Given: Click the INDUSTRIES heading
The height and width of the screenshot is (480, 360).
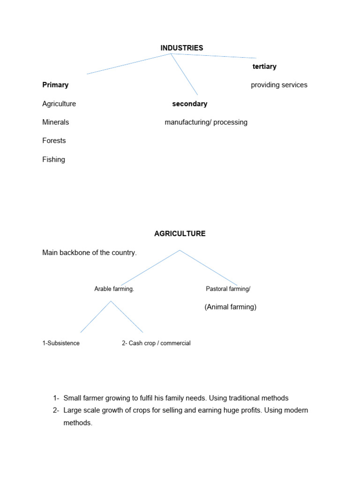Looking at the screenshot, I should point(182,48).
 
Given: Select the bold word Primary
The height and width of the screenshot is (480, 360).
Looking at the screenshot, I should point(55,85).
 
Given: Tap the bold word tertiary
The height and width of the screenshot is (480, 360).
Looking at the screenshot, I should point(264,67).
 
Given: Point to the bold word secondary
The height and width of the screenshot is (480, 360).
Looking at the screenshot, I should point(190,104).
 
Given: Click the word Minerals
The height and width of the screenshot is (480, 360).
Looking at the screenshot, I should point(55,122).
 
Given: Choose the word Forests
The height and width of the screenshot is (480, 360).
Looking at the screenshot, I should point(54,141).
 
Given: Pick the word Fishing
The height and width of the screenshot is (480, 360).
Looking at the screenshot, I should point(53,159).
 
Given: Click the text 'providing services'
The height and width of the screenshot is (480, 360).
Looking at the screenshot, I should point(279,85).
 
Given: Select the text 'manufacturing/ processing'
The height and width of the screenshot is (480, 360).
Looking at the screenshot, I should point(206,122).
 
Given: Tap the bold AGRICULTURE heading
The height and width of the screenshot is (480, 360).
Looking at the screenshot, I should point(180,233).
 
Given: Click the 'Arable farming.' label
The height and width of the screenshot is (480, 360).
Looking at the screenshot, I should point(114,289).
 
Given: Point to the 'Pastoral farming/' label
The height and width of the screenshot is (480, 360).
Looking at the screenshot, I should point(228,289).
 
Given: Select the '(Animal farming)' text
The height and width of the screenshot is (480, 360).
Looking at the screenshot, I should point(231,307).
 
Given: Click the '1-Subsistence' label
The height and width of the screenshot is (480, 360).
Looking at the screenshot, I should point(61,343).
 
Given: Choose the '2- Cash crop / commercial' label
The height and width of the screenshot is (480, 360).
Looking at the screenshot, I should point(156,343).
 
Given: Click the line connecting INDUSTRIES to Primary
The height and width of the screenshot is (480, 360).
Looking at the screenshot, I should point(129,64).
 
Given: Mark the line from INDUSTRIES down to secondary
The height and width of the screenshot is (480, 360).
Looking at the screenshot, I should point(184,74).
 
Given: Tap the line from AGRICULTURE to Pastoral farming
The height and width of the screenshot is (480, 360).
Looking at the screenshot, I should point(209,268).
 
